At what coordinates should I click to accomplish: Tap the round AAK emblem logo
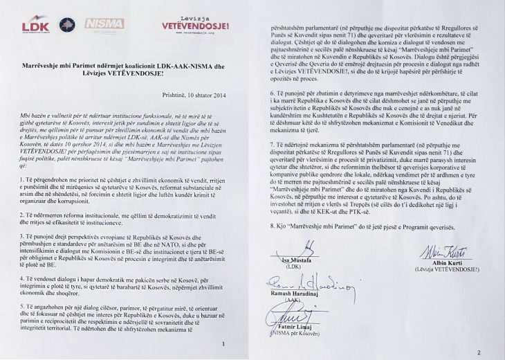68,25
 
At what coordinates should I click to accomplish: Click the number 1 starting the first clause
21,179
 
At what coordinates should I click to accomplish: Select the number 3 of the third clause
21,246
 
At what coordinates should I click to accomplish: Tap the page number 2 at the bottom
478,352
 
